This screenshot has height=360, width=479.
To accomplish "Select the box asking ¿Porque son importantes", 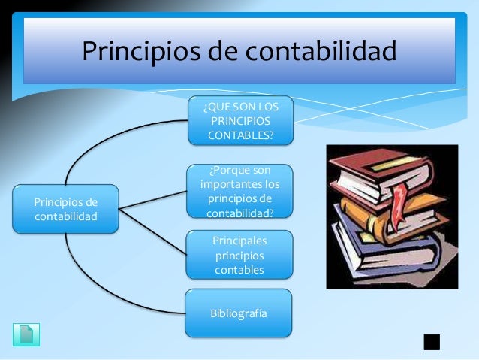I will (x=239, y=191).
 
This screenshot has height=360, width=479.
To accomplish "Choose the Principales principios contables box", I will (x=239, y=254).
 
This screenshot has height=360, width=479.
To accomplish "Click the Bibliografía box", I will (x=239, y=312).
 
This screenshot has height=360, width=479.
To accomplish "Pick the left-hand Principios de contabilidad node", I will (x=66, y=208).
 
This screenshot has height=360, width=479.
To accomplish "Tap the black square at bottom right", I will (x=431, y=342).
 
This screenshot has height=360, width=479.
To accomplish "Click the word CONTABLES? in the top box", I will (x=240, y=135).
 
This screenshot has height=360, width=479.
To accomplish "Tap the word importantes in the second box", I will (x=239, y=184).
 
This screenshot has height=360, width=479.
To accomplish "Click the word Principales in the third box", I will (x=239, y=240).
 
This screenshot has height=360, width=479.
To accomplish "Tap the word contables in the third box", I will (x=239, y=269).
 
